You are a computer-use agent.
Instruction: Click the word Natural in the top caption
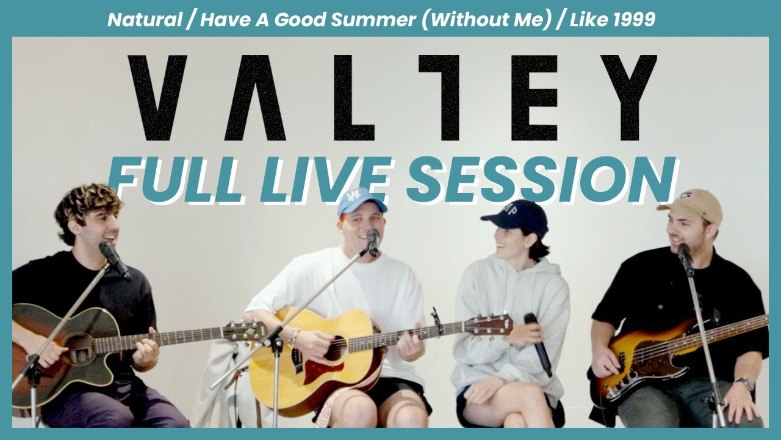(144, 20)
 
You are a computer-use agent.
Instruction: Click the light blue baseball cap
(361, 202)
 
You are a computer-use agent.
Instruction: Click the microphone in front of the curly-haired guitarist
(114, 259)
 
